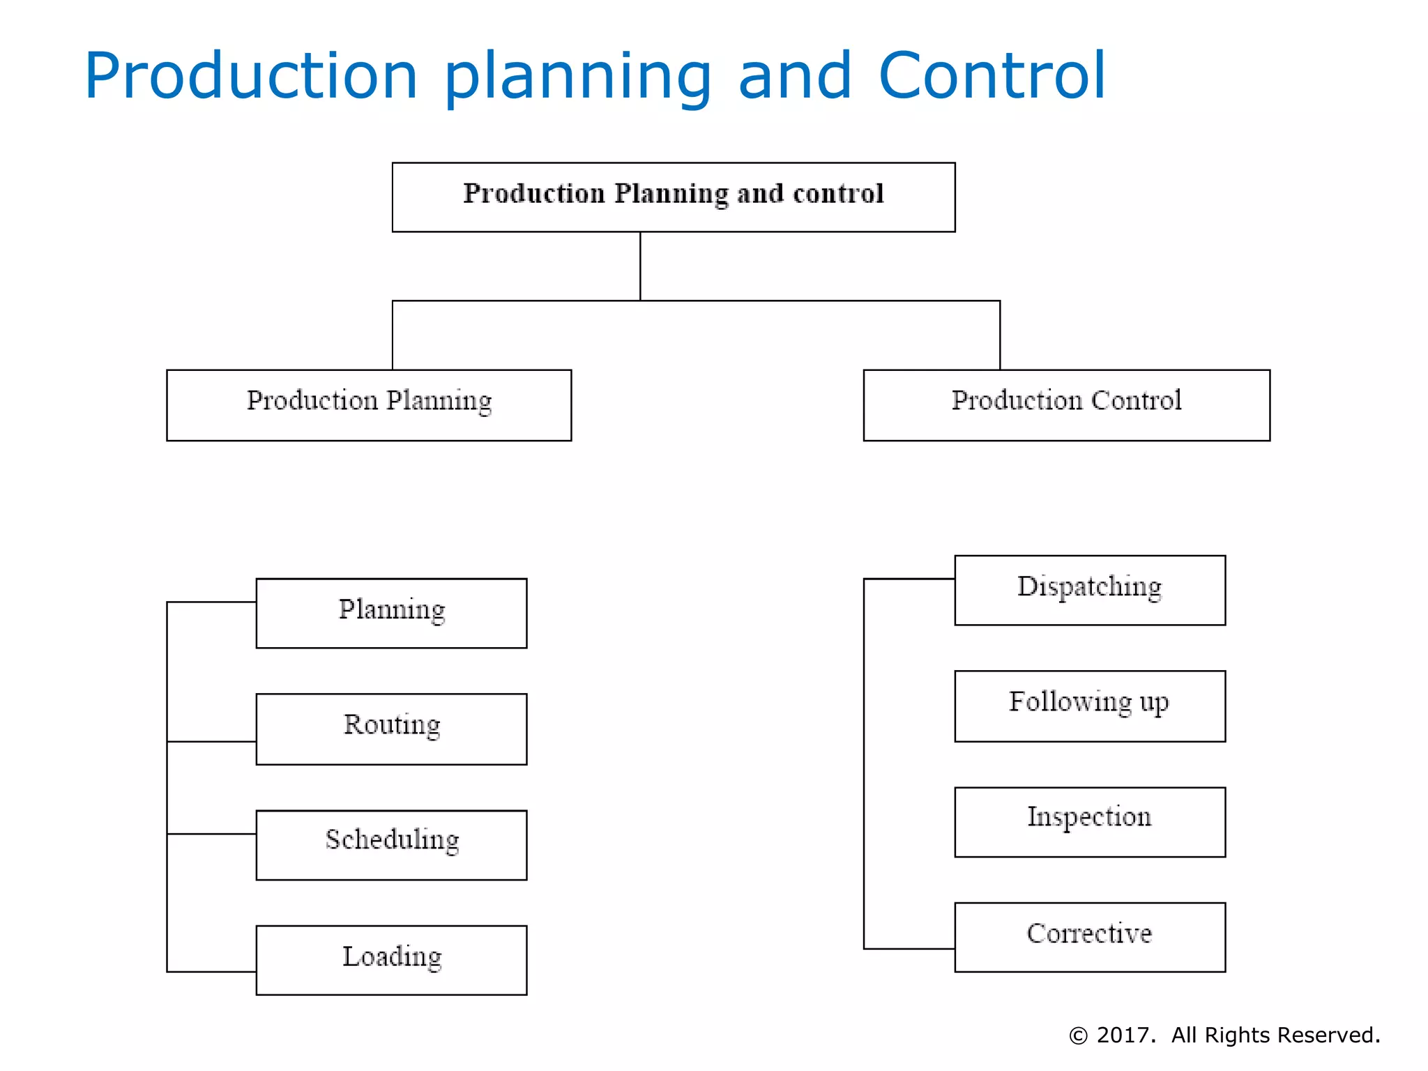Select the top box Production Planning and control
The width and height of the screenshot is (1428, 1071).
(674, 197)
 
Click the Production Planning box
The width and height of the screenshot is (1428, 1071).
(369, 404)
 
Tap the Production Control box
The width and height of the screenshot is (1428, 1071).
(1066, 404)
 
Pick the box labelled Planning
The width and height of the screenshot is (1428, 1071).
(391, 613)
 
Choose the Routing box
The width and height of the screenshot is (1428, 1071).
(391, 729)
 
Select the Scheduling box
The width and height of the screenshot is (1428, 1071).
(391, 844)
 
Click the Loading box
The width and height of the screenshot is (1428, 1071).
(391, 959)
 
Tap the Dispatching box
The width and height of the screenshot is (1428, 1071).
(1089, 590)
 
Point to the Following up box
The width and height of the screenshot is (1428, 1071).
(1089, 706)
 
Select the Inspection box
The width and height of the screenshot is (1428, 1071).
(1089, 821)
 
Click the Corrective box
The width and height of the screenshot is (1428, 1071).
(1089, 936)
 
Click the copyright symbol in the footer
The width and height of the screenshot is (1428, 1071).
(1078, 1036)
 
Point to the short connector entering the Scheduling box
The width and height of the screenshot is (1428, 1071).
(212, 833)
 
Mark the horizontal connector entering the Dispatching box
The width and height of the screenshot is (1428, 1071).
(909, 579)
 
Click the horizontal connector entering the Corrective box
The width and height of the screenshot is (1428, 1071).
(909, 948)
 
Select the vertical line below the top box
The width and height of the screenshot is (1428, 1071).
(640, 266)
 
